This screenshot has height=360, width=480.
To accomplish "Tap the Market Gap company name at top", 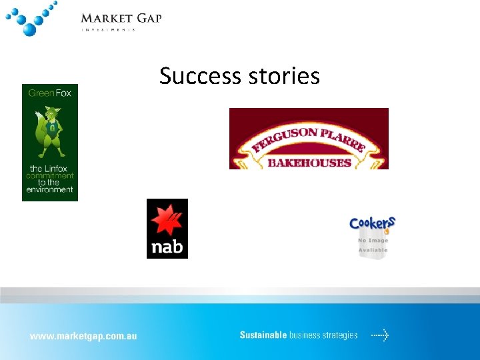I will coord(121,18).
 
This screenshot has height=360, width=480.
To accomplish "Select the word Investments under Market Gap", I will coord(109,29).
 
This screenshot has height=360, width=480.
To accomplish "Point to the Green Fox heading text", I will coord(49,93).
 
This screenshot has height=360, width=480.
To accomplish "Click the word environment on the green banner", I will coord(49,190).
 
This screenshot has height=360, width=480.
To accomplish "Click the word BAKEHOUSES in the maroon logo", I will coord(309,162).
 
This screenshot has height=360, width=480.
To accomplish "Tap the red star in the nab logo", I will coord(167,220).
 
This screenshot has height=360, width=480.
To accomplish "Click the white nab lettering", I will coord(167,247).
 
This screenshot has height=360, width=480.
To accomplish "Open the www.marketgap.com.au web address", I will coord(83,336).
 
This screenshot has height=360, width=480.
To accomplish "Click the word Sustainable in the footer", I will coord(263,335).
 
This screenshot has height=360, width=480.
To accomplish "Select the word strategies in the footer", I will coord(337,335).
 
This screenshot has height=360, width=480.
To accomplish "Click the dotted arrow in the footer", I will coord(380,335).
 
